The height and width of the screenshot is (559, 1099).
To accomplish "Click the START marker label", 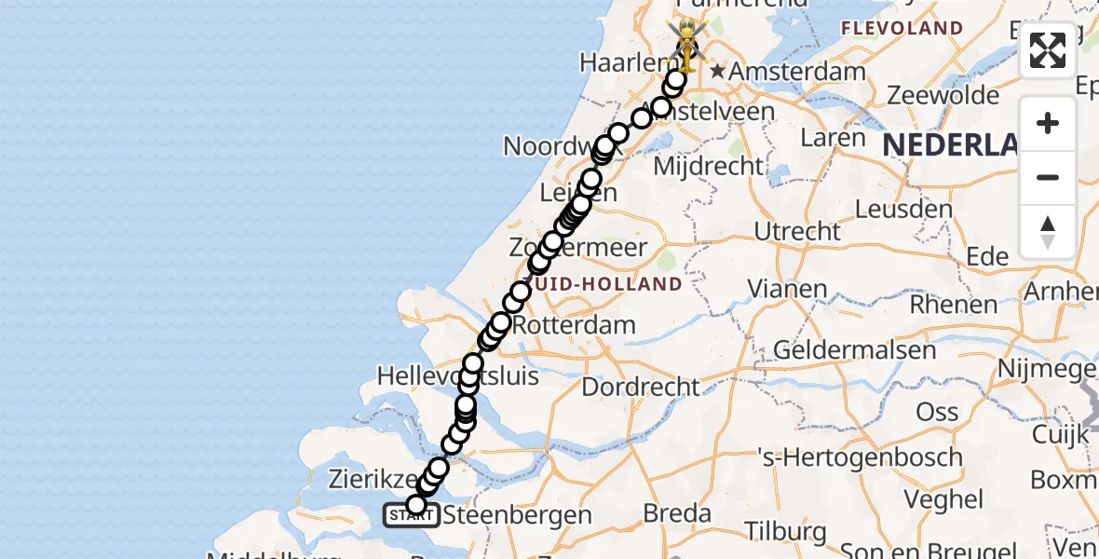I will coord(406,514).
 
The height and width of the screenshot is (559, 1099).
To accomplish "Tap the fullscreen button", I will coord(1048,50).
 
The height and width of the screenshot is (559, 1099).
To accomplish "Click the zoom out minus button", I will coord(1048,177).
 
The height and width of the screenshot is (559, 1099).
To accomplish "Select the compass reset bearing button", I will coord(1048,231).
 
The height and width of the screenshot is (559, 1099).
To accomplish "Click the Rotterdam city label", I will coord(574,326).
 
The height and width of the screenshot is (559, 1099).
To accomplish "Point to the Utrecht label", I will coord(797,231).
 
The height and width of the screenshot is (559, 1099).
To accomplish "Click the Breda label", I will coord(678,513).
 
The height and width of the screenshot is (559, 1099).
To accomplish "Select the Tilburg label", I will coord(785,532).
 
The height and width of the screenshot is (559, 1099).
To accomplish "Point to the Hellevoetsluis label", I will coord(458,376).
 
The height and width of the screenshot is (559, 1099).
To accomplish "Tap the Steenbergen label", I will coord(517,514).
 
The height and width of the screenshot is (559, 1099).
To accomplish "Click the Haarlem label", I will coord(619,62).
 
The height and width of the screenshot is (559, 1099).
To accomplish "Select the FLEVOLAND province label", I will coord(902,28).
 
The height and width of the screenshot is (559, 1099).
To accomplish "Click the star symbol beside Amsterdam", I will coord(717,71).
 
